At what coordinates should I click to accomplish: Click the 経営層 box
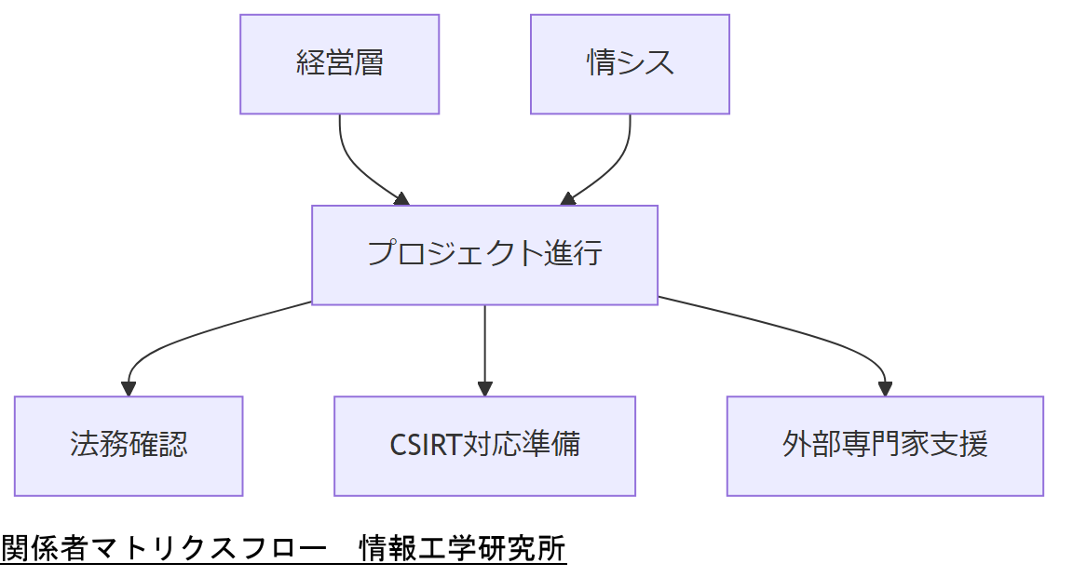339,64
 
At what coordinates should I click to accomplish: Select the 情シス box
630,64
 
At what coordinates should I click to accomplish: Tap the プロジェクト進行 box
484,255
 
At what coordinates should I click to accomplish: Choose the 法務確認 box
129,446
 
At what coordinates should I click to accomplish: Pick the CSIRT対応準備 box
484,446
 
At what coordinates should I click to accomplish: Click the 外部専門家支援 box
885,446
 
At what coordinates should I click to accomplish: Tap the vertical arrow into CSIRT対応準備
484,344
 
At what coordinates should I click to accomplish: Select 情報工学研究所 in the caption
463,549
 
